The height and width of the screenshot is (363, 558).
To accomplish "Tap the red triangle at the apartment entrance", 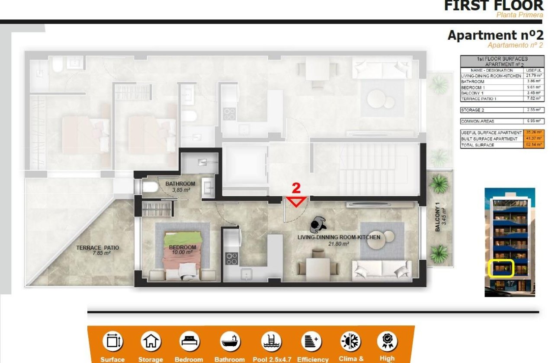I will tap(296, 201).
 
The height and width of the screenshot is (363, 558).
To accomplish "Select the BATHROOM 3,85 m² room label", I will tap(180, 187).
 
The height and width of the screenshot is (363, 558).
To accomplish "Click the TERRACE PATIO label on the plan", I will tap(97, 250).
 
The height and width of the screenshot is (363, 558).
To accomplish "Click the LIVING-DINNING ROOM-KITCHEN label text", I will tap(339, 237).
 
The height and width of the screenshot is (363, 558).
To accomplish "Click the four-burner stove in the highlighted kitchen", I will tap(231, 258).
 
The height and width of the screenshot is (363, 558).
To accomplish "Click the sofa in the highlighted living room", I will tap(382, 270).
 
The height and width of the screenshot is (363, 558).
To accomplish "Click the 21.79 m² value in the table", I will tap(534, 76).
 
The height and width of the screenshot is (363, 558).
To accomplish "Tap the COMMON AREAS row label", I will tap(478, 121).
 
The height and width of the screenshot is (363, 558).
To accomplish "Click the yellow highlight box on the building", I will tap(500, 268).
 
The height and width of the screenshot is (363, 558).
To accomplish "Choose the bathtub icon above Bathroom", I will tap(229, 341).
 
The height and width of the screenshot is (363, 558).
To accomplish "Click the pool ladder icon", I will tap(272, 341).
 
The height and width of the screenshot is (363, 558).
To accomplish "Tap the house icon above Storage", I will tap(150, 341).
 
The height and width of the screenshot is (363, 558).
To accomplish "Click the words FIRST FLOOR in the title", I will tap(493, 6).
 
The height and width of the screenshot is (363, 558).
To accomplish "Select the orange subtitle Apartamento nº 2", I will tap(515, 45).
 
